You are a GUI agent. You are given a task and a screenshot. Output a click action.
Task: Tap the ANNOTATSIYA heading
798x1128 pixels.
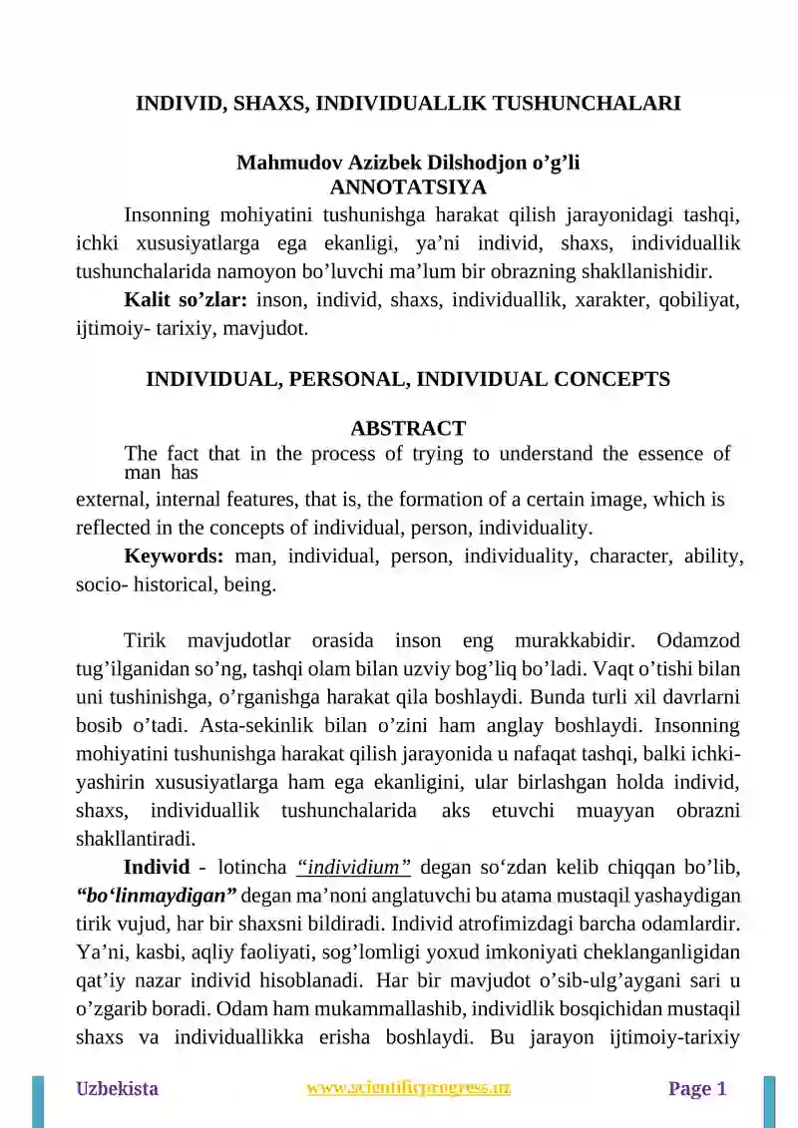[408, 187]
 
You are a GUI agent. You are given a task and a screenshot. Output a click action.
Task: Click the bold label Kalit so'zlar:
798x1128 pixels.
[186, 298]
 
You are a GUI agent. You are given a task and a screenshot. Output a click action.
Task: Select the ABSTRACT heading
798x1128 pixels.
[408, 429]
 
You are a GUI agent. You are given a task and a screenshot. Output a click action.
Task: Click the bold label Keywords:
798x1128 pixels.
[174, 557]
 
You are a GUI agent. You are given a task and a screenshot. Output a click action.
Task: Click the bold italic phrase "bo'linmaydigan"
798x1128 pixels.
[156, 893]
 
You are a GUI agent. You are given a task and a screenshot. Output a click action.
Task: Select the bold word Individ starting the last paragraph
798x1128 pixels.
[157, 865]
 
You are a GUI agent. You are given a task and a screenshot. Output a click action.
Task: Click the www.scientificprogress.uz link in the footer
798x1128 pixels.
[409, 1088]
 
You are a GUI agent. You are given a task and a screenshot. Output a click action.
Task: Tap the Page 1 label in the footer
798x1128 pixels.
[697, 1089]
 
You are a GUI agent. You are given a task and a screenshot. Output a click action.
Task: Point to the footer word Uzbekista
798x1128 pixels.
[118, 1089]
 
